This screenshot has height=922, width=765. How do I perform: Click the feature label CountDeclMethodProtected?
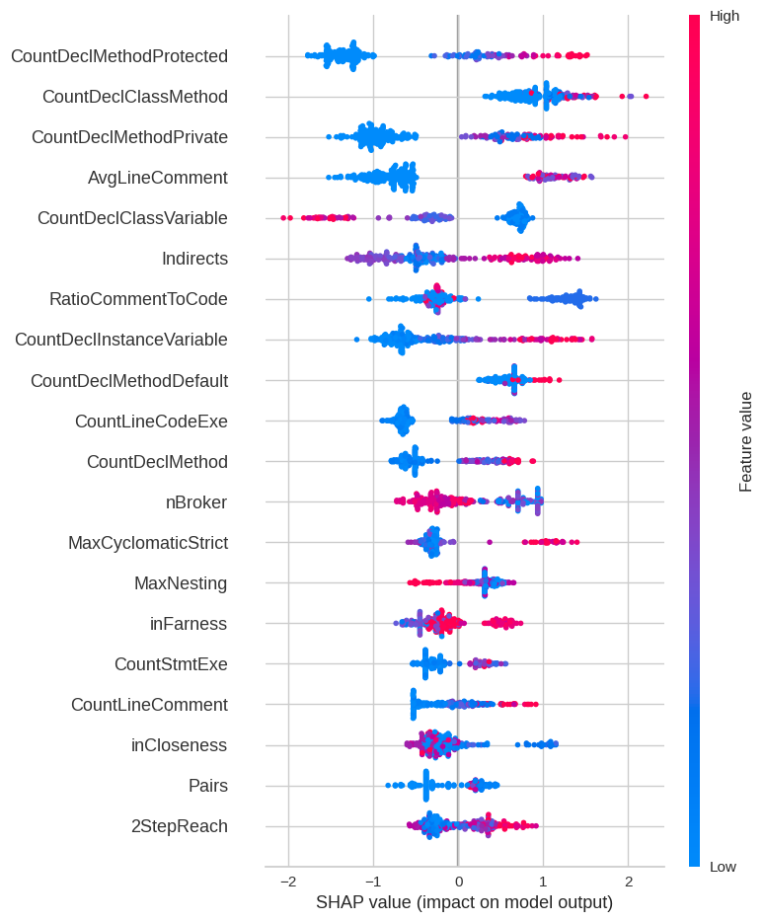(119, 56)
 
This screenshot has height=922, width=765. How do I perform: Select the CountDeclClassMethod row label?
(135, 97)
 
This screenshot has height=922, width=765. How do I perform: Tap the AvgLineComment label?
(158, 178)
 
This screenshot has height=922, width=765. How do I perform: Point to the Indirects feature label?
(194, 259)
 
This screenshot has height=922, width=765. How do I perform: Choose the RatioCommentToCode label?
(138, 299)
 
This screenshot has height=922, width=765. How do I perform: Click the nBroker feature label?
(196, 502)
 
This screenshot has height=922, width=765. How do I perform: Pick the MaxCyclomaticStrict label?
(148, 543)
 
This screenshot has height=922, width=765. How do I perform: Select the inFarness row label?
(189, 624)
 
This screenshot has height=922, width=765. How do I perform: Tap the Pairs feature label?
(207, 786)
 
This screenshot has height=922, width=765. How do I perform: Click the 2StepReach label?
(180, 826)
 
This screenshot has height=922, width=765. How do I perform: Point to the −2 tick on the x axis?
(287, 881)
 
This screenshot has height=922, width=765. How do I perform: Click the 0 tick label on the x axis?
(458, 881)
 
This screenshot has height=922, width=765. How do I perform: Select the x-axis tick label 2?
(629, 881)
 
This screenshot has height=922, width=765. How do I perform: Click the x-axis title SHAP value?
(464, 902)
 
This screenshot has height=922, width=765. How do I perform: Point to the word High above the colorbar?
(725, 16)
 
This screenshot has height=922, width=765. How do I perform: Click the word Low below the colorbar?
(723, 867)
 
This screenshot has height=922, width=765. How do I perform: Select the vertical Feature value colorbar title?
(746, 441)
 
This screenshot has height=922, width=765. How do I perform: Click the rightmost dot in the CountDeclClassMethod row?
(646, 96)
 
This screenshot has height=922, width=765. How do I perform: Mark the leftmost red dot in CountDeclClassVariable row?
(284, 216)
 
